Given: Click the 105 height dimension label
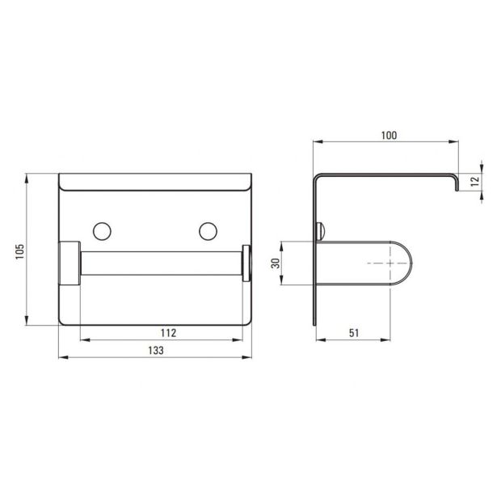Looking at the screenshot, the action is point(20,251).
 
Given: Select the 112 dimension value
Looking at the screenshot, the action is point(168,333).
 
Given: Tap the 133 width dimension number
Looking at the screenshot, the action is point(156,350).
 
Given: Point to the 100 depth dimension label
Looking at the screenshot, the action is point(389,135).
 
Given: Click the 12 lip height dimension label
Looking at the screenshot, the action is point(475,182).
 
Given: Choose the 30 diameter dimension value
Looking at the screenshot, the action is point(276,263).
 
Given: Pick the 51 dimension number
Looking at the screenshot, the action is point(354,333).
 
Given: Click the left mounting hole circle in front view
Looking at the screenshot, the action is point(102,231).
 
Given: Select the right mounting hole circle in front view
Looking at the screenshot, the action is point(208,231).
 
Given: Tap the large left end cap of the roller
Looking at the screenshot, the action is point(69,263).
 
